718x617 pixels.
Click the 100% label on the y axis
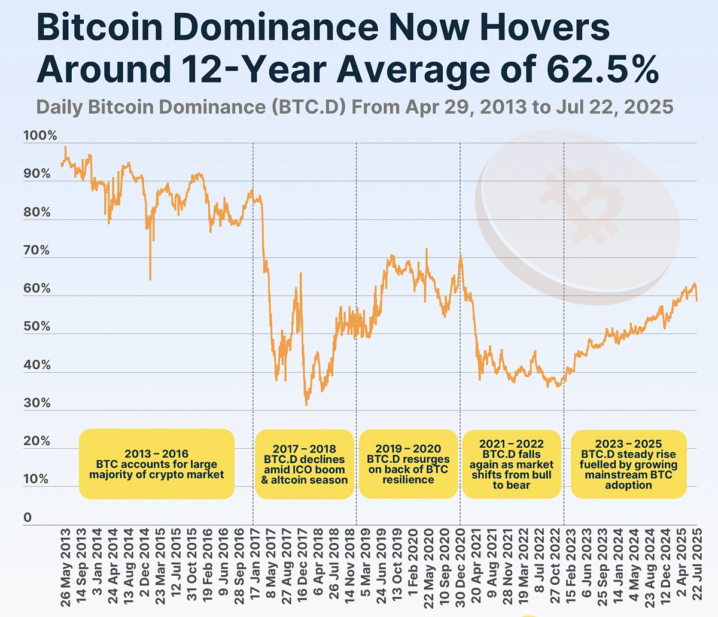(40, 136)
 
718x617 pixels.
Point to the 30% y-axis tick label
(37, 403)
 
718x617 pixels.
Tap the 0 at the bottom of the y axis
(28, 518)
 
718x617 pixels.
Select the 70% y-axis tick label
(37, 250)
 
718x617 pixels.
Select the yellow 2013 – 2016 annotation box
(157, 464)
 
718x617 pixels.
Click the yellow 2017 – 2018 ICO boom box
(305, 464)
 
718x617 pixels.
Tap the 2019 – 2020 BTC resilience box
(408, 464)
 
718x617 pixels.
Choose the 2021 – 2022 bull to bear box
(512, 464)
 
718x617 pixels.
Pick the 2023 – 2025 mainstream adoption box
(628, 464)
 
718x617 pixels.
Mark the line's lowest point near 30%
(306, 405)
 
